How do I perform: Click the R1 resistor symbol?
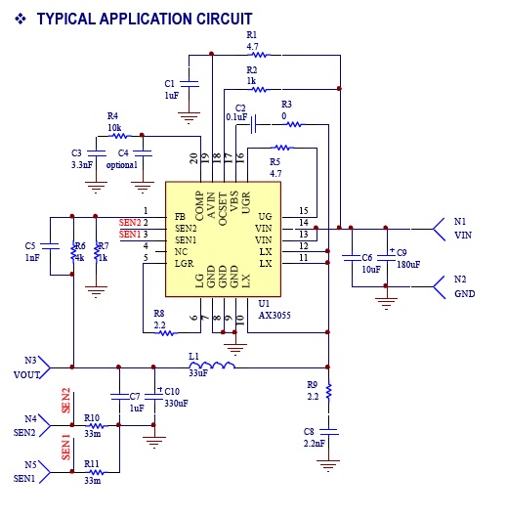point(259,55)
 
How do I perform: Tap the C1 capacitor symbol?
point(190,84)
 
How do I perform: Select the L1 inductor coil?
point(212,365)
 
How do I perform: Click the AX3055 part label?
point(275,316)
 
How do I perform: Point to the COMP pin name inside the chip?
point(199,206)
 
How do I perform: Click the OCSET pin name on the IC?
point(223,209)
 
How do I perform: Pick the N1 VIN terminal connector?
point(439,229)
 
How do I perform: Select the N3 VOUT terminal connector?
point(45,367)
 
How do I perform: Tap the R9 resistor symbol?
point(328,391)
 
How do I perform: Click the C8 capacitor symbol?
point(328,432)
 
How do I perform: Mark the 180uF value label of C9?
point(408,265)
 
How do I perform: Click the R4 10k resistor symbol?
point(119,136)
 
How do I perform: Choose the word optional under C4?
point(122,164)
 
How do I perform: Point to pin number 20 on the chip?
point(193,158)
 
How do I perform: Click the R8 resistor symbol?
point(166,333)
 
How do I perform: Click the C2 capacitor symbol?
point(253,124)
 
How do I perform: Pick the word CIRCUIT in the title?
point(224,19)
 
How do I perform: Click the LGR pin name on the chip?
point(184,264)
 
